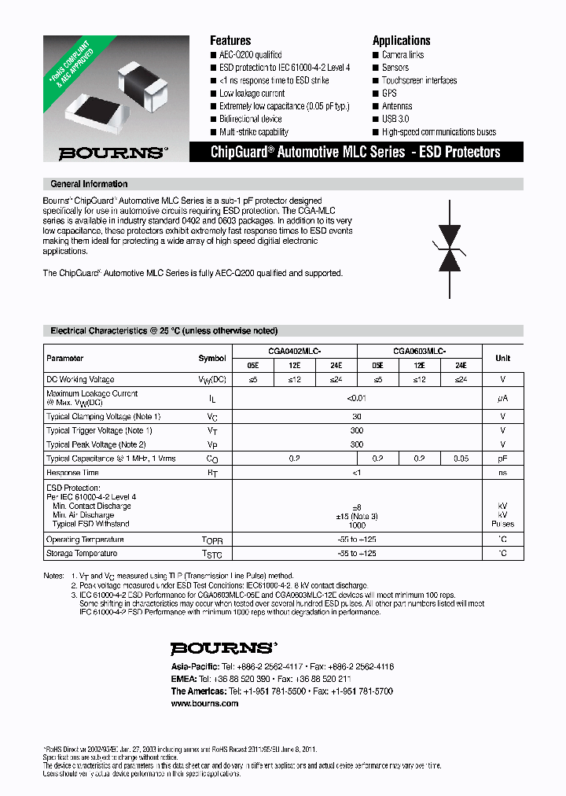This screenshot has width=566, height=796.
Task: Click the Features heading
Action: tap(230, 40)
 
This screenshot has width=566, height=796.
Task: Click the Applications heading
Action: tap(401, 40)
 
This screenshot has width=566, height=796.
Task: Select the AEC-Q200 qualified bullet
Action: tap(250, 55)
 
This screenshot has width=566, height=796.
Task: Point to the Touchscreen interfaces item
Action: tap(418, 80)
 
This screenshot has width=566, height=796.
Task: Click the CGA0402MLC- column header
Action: tap(295, 352)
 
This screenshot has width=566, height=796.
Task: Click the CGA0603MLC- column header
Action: tap(419, 352)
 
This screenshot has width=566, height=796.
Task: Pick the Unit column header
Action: tap(502, 358)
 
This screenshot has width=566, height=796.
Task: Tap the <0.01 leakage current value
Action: tap(357, 399)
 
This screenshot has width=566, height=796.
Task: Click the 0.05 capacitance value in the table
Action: tap(461, 458)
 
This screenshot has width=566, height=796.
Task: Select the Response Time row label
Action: tap(72, 473)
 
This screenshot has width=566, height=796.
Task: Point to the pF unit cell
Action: tap(502, 458)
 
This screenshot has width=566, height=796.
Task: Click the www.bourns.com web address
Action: tap(204, 704)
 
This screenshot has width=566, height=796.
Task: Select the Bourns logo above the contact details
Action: tap(224, 649)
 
